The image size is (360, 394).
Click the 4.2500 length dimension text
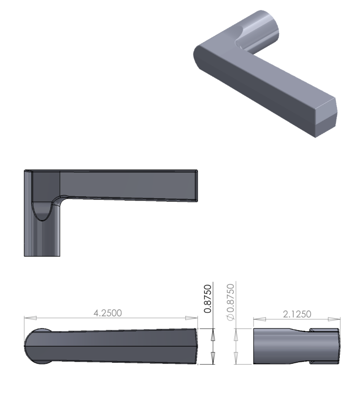tap(108, 313)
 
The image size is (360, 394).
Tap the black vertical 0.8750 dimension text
tap(208, 299)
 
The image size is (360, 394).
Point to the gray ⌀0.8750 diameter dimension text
tap(230, 302)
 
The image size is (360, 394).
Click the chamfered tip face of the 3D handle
tap(326, 114)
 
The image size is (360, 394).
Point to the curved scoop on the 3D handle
tap(242, 38)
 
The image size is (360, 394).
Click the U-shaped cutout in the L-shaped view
tap(42, 210)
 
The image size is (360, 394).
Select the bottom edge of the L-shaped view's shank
tap(42, 256)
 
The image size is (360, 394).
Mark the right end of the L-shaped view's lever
tap(196, 186)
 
